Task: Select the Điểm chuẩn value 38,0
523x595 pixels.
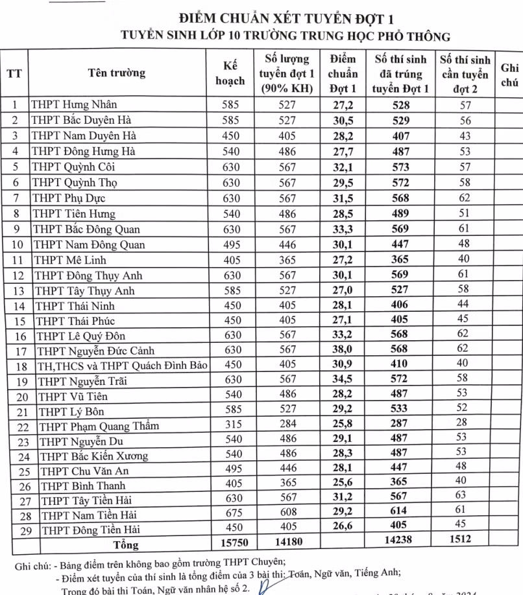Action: coord(343,351)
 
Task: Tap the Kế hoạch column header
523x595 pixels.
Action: coord(230,73)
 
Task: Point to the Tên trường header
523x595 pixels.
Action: coord(117,73)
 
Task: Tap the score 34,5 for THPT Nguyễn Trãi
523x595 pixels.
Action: coord(343,380)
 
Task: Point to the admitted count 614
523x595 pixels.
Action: coord(400,515)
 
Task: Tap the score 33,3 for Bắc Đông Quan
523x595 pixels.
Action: coord(343,229)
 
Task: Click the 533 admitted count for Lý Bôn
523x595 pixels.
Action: coord(400,410)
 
